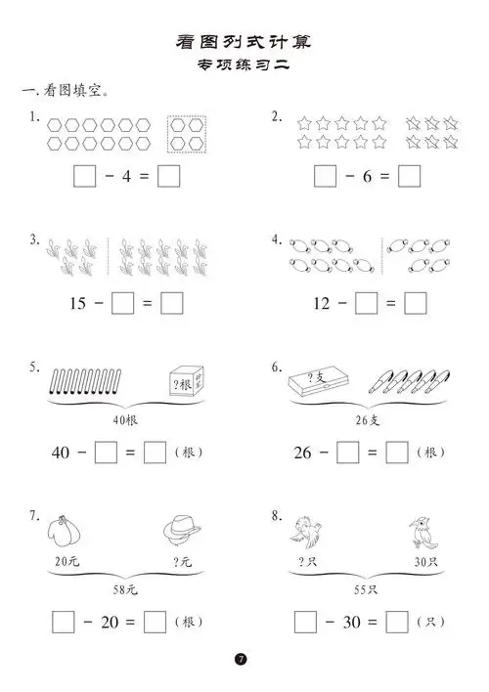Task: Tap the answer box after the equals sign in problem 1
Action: tap(168, 177)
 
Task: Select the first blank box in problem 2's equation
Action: tap(325, 177)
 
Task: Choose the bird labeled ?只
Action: tap(306, 533)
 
